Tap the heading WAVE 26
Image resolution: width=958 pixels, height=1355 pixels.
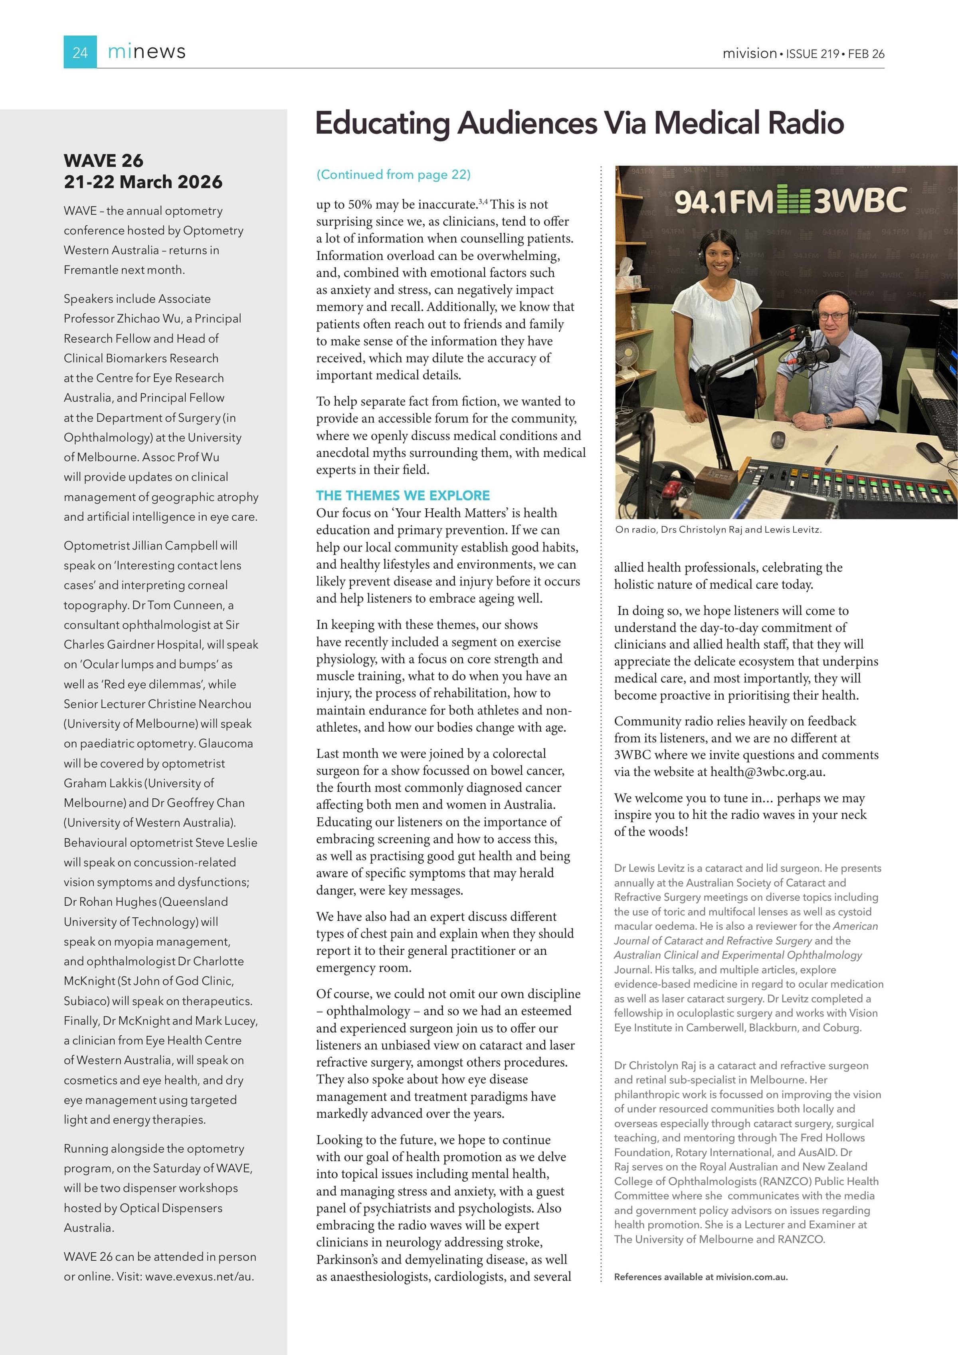pos(104,161)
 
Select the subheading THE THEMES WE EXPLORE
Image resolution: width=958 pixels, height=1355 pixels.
pos(403,495)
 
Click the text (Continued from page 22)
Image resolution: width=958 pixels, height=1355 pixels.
pos(394,175)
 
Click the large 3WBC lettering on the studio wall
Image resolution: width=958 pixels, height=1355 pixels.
pos(860,200)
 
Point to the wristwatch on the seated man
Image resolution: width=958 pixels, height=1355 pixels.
pos(828,421)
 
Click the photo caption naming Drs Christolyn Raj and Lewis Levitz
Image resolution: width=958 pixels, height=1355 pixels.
pos(718,530)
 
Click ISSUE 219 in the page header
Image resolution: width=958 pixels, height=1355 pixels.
pos(812,54)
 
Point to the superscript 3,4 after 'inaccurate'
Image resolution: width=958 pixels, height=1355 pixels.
pos(483,201)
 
